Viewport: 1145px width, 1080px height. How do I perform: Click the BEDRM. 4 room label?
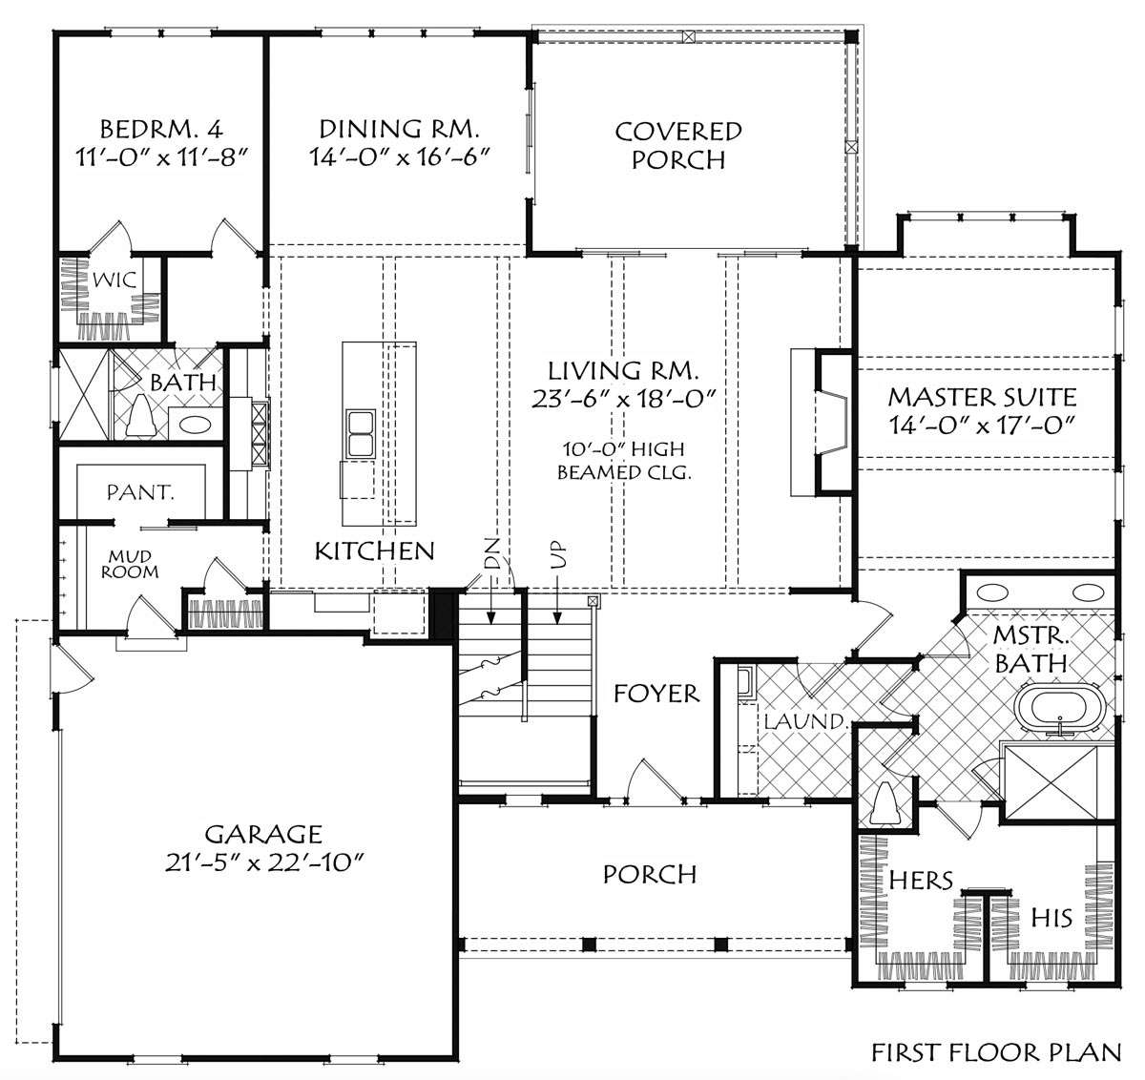pyautogui.click(x=161, y=129)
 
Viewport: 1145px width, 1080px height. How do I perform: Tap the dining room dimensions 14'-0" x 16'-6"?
pyautogui.click(x=399, y=156)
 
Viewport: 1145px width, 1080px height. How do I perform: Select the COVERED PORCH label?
pyautogui.click(x=678, y=145)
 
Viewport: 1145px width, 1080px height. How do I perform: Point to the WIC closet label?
pyautogui.click(x=114, y=280)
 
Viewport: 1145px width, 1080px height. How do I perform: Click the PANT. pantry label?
pyautogui.click(x=140, y=493)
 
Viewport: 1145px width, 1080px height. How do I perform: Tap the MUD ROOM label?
pyautogui.click(x=130, y=565)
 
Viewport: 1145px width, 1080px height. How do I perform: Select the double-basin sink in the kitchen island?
pyautogui.click(x=361, y=434)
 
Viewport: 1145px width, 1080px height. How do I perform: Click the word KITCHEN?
pyautogui.click(x=374, y=551)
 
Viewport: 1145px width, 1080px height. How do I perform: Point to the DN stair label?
pyautogui.click(x=491, y=554)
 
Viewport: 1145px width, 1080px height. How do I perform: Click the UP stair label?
pyautogui.click(x=558, y=556)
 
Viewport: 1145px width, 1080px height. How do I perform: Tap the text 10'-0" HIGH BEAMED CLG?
pyautogui.click(x=624, y=461)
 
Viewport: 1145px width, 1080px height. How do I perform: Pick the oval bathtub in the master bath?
pyautogui.click(x=1060, y=708)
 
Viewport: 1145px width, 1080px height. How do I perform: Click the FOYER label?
pyautogui.click(x=656, y=694)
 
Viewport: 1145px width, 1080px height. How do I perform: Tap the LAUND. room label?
pyautogui.click(x=805, y=721)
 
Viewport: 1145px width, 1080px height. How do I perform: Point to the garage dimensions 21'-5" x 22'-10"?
pyautogui.click(x=264, y=863)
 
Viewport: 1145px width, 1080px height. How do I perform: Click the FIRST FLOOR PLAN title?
pyautogui.click(x=996, y=1053)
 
